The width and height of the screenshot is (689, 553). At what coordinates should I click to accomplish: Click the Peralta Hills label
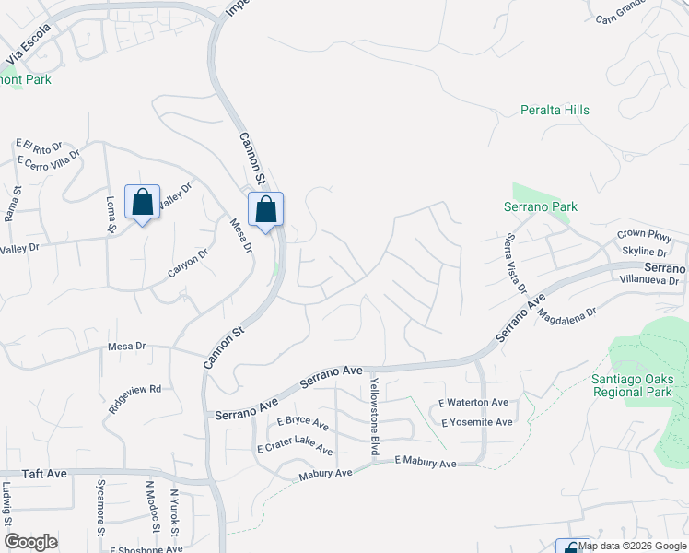(x=553, y=111)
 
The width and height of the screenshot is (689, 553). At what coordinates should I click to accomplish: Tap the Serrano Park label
(x=541, y=207)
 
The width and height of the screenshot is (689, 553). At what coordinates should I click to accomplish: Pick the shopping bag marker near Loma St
(x=143, y=202)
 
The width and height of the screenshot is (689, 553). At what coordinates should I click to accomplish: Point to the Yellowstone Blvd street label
(x=375, y=416)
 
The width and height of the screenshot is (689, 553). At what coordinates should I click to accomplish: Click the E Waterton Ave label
(x=473, y=403)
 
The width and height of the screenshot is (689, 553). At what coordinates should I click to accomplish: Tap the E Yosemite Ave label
(x=475, y=422)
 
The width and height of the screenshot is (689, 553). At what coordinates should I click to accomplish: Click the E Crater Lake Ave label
(x=295, y=447)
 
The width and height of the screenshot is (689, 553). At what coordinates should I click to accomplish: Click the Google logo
(x=30, y=542)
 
